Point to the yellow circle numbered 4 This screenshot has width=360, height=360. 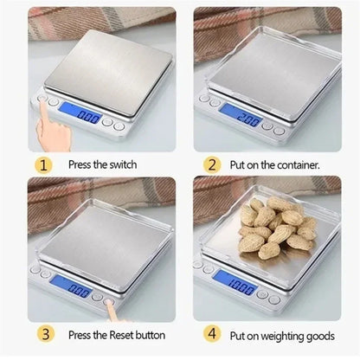210,334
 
